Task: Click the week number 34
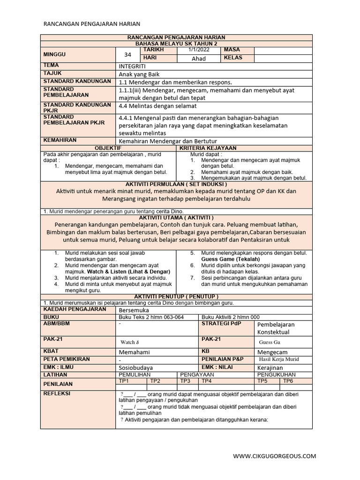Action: click(x=127, y=54)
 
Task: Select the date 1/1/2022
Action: click(x=198, y=50)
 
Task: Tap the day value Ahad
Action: click(x=199, y=59)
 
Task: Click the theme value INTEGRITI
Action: click(x=133, y=67)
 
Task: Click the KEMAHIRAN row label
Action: click(x=60, y=140)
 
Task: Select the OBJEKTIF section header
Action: click(x=108, y=148)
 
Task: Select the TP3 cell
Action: click(x=185, y=381)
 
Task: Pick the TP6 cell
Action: click(x=287, y=381)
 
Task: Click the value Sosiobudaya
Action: click(x=136, y=368)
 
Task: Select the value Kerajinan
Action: click(x=270, y=368)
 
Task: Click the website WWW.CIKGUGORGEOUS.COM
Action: click(x=275, y=456)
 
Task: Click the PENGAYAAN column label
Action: click(x=197, y=375)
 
